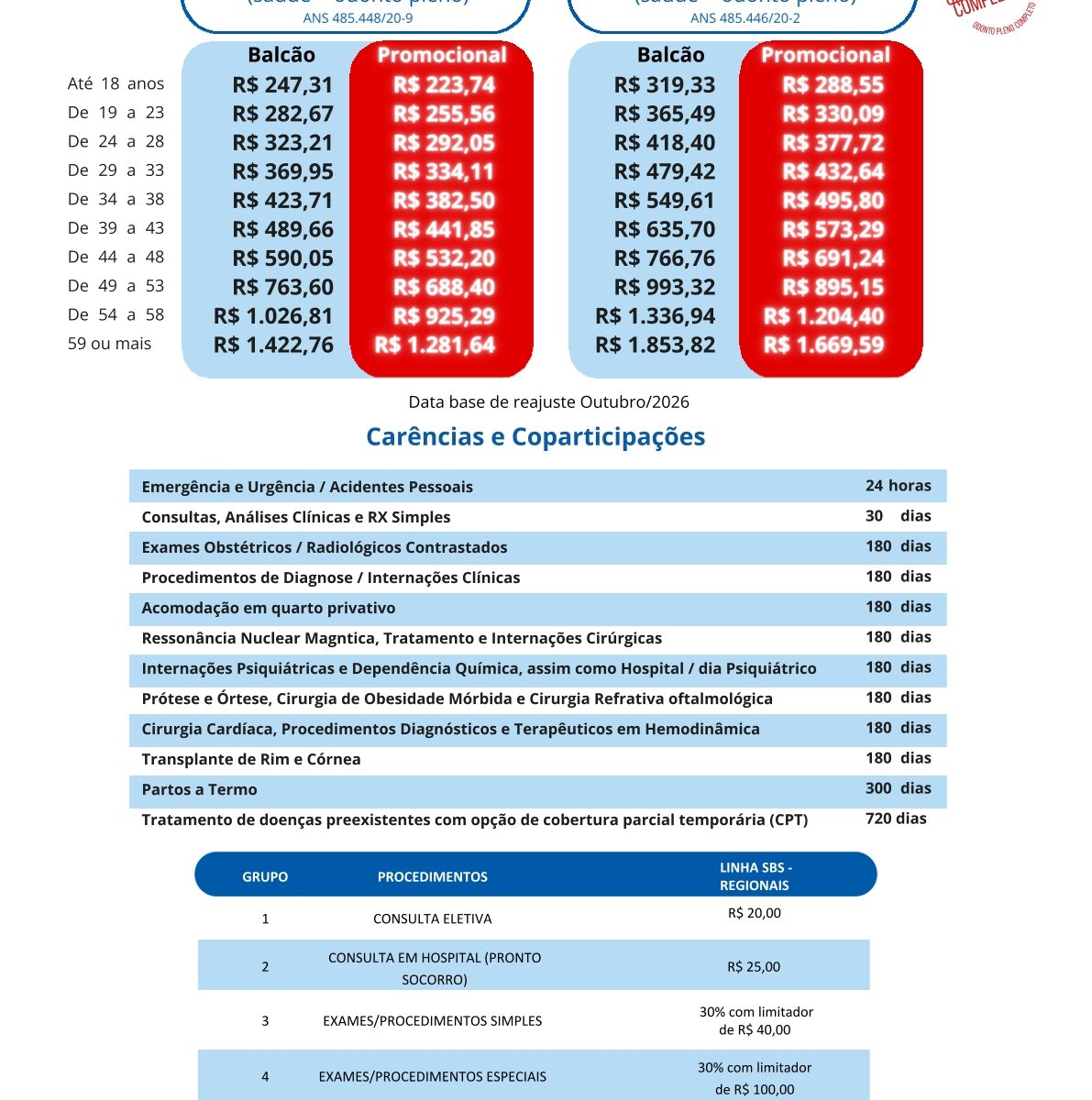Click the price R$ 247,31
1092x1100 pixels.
click(282, 85)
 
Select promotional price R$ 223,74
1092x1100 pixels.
click(444, 85)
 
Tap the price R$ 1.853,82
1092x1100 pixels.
click(655, 345)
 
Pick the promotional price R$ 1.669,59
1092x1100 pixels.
click(823, 345)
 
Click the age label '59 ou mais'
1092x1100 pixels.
click(109, 344)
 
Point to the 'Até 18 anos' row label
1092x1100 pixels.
click(116, 83)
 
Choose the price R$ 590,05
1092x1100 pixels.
click(282, 258)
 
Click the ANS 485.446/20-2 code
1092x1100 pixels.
click(745, 17)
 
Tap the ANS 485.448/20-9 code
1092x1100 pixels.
click(358, 17)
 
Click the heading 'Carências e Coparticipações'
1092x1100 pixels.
click(535, 436)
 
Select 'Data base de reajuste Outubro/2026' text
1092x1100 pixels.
click(548, 402)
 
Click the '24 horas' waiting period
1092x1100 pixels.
click(898, 486)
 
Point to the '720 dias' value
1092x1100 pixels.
click(896, 819)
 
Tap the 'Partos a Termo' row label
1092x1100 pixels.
click(199, 789)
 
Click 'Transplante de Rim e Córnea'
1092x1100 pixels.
click(250, 759)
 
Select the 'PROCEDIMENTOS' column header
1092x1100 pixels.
click(432, 877)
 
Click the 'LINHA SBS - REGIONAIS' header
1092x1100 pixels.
click(755, 876)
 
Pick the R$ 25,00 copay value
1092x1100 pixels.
click(754, 967)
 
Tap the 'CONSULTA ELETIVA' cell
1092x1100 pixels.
click(432, 918)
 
